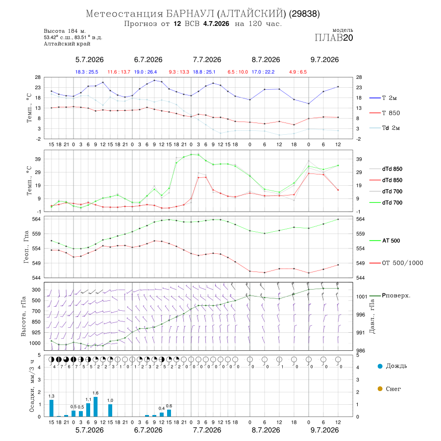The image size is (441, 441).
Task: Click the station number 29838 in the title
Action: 304,14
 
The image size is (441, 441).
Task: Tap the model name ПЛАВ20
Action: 334,38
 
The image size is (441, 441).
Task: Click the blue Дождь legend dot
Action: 380,366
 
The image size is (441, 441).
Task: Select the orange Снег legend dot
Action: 380,389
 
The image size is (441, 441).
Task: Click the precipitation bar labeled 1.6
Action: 96,407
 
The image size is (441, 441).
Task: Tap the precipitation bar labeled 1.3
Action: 51,408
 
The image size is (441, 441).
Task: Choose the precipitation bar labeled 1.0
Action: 110,410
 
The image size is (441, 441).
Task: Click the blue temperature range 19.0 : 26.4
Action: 146,72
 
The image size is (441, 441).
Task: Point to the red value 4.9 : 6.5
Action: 298,72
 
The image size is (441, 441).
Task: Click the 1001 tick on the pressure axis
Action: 362,296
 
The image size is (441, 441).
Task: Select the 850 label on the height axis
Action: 36,322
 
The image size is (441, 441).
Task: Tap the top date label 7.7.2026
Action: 207,60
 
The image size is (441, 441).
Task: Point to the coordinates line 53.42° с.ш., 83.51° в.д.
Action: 73,37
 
